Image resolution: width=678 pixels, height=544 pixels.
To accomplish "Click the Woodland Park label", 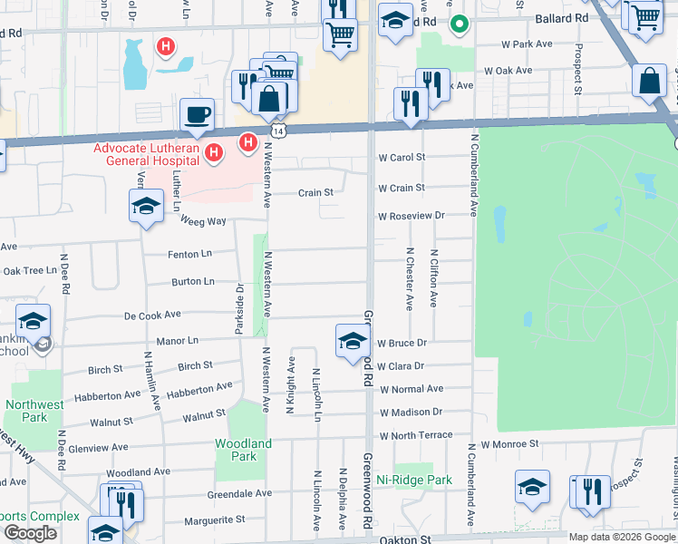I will (243, 450).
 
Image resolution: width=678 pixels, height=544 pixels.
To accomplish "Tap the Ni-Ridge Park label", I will (414, 480).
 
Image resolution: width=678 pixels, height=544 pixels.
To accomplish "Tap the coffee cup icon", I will (197, 114).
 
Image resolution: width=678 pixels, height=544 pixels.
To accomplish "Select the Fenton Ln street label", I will (189, 256).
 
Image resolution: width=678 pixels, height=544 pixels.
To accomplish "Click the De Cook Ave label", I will (153, 316).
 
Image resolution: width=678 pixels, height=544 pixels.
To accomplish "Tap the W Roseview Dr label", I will (412, 217).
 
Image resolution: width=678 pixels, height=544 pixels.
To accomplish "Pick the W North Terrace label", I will (416, 435).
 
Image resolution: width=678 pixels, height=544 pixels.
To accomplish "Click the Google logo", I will (30, 533).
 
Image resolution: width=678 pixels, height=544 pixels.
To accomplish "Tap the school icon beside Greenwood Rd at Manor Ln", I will (353, 341).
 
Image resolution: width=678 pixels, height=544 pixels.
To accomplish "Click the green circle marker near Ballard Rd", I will (460, 24).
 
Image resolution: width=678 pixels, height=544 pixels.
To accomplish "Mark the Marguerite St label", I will (215, 520).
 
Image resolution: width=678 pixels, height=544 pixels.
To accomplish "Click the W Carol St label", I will (402, 158).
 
